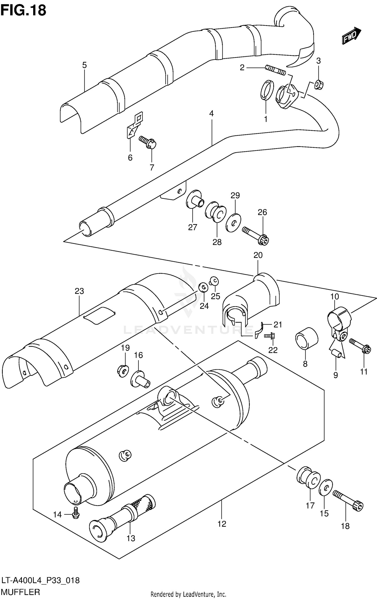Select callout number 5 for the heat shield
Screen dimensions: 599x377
84,65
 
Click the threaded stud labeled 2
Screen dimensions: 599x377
275,70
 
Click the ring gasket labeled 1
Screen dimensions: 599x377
266,90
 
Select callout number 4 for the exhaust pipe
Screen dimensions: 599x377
211,114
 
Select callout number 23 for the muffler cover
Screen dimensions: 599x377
79,291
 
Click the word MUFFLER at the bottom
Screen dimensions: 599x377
21,592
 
